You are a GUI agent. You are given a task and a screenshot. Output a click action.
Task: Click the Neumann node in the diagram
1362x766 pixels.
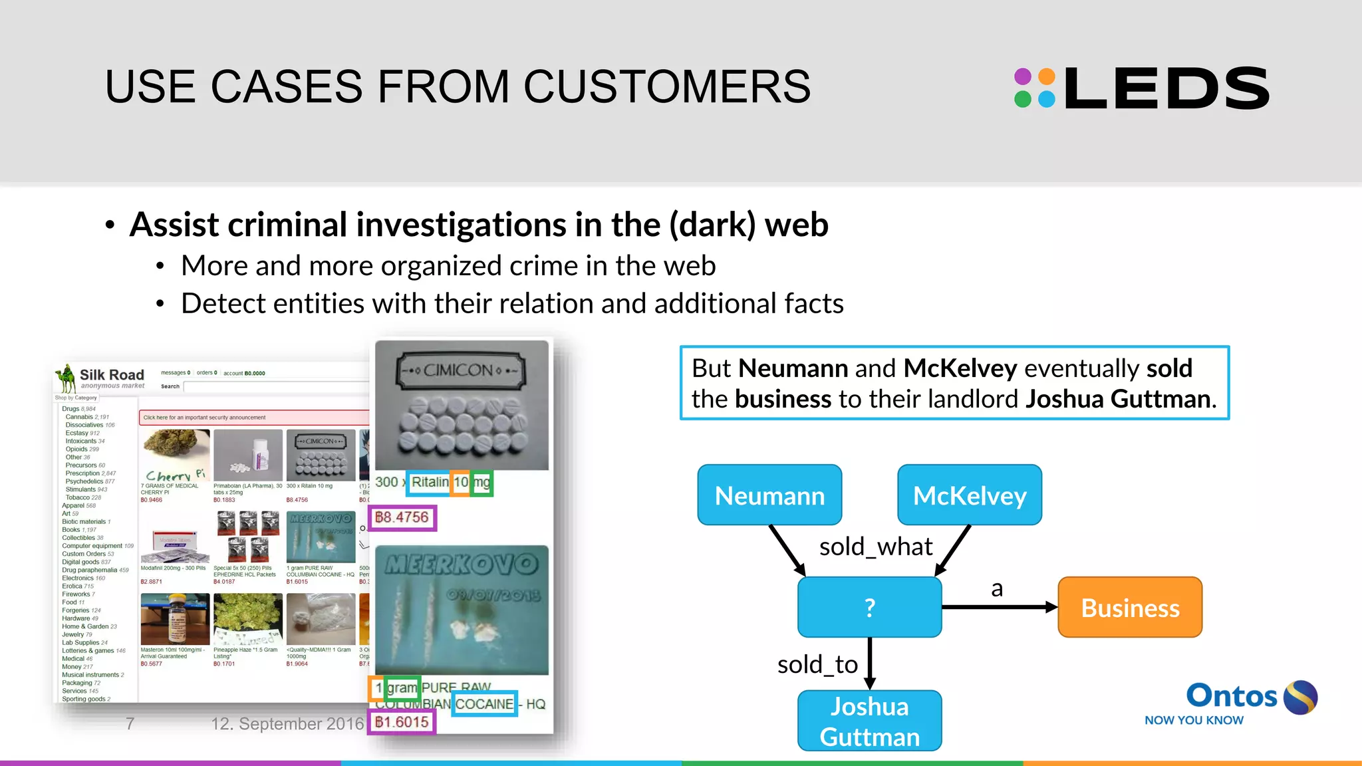pyautogui.click(x=769, y=495)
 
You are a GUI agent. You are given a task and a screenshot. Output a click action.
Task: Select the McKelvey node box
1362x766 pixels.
pyautogui.click(x=969, y=495)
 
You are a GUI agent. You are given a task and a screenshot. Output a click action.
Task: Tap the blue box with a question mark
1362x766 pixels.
pyautogui.click(x=869, y=607)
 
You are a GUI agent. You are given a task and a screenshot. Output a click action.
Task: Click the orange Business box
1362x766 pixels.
pyautogui.click(x=1130, y=608)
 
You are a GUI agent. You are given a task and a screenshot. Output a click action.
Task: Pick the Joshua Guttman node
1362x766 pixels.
pyautogui.click(x=869, y=721)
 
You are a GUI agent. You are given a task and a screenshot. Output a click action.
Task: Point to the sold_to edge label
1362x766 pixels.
pyautogui.click(x=817, y=664)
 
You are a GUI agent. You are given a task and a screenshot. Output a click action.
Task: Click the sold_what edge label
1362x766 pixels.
pyautogui.click(x=875, y=547)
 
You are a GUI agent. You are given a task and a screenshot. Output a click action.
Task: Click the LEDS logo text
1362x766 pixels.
pyautogui.click(x=1166, y=88)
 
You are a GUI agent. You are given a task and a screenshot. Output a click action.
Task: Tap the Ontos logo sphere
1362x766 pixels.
pyautogui.click(x=1300, y=698)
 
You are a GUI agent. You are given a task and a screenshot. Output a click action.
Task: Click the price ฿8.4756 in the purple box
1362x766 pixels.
pyautogui.click(x=402, y=517)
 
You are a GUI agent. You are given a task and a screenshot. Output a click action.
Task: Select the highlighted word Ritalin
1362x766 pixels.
pyautogui.click(x=430, y=482)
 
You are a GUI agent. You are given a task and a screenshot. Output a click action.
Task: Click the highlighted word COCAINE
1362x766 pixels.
pyautogui.click(x=484, y=704)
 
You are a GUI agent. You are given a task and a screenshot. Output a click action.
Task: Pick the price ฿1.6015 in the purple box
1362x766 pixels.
pyautogui.click(x=402, y=722)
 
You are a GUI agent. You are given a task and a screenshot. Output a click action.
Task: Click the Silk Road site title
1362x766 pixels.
pyautogui.click(x=112, y=374)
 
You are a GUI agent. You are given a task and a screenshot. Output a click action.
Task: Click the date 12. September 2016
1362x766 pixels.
pyautogui.click(x=287, y=723)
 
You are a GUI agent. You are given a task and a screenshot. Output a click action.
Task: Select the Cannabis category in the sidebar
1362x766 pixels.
pyautogui.click(x=79, y=417)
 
